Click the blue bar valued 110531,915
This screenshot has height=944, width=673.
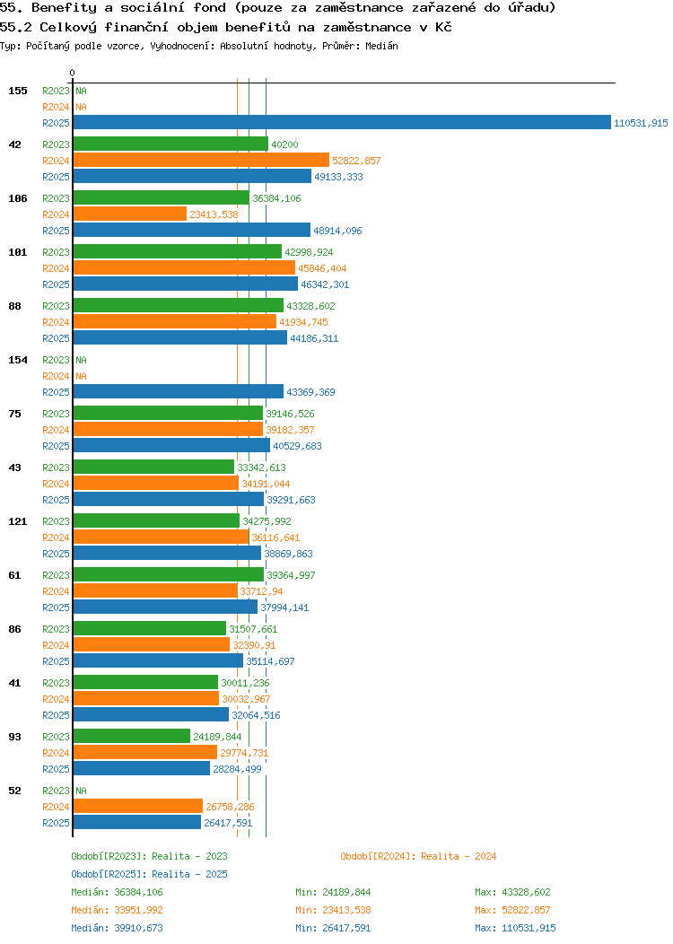(x=341, y=123)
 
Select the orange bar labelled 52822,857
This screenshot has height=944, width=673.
(x=201, y=161)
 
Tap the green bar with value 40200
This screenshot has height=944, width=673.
(x=170, y=144)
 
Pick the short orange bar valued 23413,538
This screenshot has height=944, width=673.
(x=130, y=214)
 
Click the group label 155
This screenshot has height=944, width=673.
(x=18, y=91)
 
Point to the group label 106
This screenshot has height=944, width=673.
(x=18, y=198)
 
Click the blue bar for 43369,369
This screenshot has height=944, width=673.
(x=178, y=392)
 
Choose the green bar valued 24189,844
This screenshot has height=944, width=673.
(x=132, y=737)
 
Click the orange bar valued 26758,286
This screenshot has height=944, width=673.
(x=138, y=807)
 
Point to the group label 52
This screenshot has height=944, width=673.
(x=15, y=791)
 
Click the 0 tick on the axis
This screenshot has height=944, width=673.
(x=73, y=73)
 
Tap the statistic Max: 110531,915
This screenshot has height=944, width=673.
(x=515, y=928)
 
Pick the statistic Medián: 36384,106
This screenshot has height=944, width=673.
(x=117, y=892)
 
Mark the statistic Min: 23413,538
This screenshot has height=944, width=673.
(x=333, y=910)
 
